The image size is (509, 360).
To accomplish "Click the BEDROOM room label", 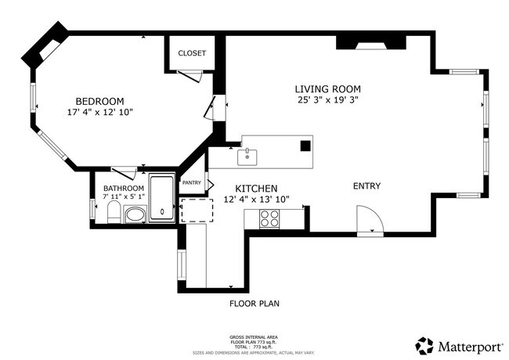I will [99, 101].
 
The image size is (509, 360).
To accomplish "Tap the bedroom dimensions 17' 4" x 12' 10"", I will [99, 113].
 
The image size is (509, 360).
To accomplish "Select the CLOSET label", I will [192, 53].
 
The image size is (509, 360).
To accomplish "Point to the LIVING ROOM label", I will [327, 88].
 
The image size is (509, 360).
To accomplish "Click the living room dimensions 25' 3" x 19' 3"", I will [327, 100].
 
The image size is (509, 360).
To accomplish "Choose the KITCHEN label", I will [256, 189].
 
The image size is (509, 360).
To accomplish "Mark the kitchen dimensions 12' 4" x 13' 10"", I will [256, 200].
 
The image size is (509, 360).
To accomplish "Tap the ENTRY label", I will [366, 186].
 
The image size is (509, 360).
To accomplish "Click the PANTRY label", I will [192, 182].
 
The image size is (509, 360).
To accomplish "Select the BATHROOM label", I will [124, 189].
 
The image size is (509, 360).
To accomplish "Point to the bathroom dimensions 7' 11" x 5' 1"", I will [124, 199].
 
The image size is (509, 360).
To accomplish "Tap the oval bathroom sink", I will [135, 214].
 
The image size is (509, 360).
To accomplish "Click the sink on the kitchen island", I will [248, 156].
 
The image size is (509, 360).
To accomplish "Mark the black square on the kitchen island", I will [306, 145].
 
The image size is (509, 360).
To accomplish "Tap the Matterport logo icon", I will [424, 345].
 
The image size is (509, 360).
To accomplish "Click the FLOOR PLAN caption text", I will [254, 304].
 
